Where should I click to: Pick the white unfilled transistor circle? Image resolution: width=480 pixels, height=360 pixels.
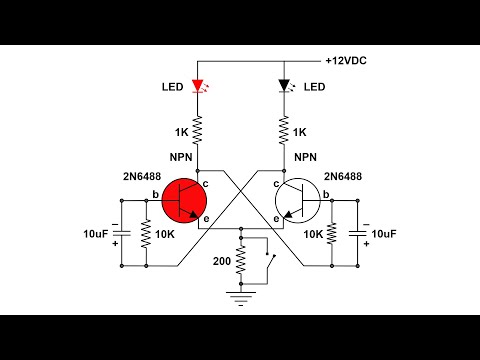point(297,201)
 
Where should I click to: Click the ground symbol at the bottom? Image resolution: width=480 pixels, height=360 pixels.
point(240,294)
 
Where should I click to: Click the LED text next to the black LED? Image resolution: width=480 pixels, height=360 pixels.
point(315,87)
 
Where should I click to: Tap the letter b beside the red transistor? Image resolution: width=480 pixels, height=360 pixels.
point(154,193)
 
